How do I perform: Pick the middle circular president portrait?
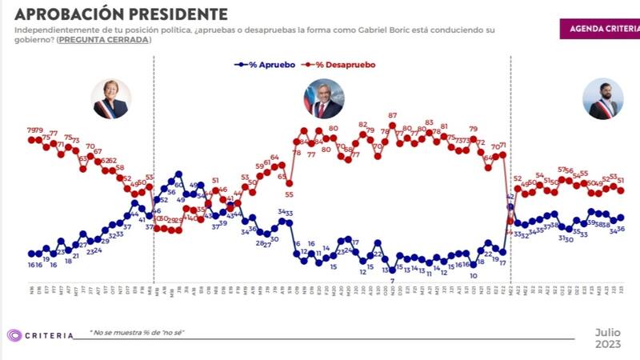pos(322,98)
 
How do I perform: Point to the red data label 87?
pos(393,116)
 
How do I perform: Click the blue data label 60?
pos(179,186)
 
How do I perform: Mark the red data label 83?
pos(430,123)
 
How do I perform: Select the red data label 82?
pos(362,125)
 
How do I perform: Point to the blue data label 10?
pos(474,275)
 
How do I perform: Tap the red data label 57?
pos(562,170)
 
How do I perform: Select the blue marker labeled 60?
pos(178,174)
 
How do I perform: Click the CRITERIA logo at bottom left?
pos(40,335)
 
